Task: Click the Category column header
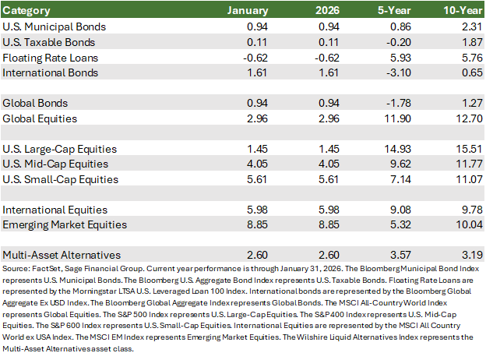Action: (27, 11)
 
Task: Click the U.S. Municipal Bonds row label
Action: (54, 26)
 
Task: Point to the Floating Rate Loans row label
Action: (50, 58)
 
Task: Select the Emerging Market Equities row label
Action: (65, 225)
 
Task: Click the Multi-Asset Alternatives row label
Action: (62, 255)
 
